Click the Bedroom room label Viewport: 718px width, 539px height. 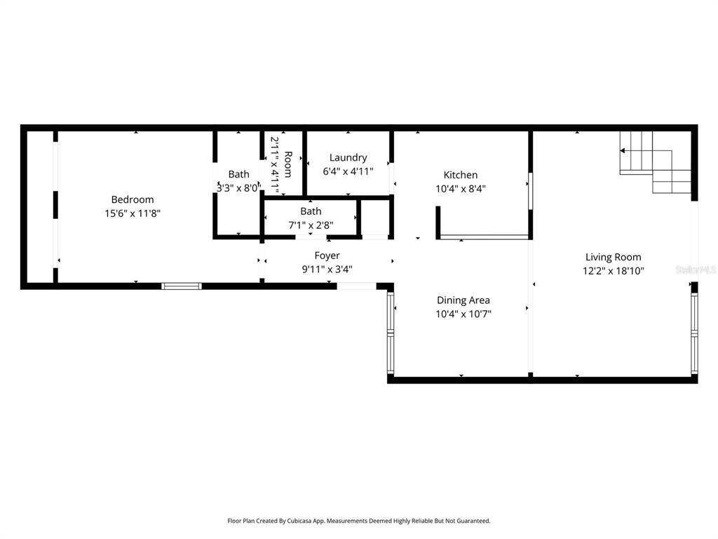pyautogui.click(x=133, y=200)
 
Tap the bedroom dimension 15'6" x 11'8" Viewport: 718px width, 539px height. pyautogui.click(x=133, y=213)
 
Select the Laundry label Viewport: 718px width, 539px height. pyautogui.click(x=348, y=158)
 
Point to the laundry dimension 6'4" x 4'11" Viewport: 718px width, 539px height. pyautogui.click(x=348, y=171)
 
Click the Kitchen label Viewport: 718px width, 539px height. pyautogui.click(x=461, y=175)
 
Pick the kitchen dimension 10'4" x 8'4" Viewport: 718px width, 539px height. pyautogui.click(x=461, y=188)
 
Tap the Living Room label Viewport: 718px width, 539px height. pyautogui.click(x=614, y=257)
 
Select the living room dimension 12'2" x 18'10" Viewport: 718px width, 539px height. pyautogui.click(x=614, y=270)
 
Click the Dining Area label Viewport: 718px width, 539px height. pyautogui.click(x=463, y=300)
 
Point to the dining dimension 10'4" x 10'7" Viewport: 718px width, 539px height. pyautogui.click(x=463, y=314)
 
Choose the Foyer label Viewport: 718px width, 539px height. pyautogui.click(x=327, y=255)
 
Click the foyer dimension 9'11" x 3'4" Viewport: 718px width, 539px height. pyautogui.click(x=327, y=268)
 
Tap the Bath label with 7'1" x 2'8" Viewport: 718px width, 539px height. pyautogui.click(x=311, y=211)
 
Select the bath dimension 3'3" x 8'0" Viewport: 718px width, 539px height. pyautogui.click(x=238, y=187)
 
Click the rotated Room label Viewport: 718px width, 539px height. pyautogui.click(x=287, y=164)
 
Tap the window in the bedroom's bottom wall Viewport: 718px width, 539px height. pyautogui.click(x=182, y=286)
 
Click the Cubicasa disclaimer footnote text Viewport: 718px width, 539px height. pyautogui.click(x=359, y=521)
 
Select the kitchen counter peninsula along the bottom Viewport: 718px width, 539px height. pyautogui.click(x=484, y=237)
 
